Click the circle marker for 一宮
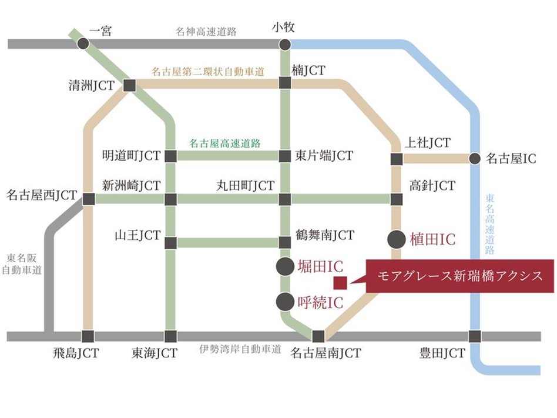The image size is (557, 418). [x=83, y=44]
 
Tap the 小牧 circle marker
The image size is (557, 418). [x=285, y=44]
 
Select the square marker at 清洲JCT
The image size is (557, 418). [x=129, y=86]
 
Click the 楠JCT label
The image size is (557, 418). [x=308, y=71]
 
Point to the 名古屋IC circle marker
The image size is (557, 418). [x=475, y=159]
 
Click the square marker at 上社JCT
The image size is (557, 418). [x=397, y=159]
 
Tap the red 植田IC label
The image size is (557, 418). [x=432, y=240]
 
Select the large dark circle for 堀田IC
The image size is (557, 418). [x=285, y=266]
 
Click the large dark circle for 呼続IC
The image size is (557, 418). [x=285, y=302]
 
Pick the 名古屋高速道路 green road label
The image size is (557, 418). [x=225, y=142]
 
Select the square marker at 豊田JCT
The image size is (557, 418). [x=475, y=336]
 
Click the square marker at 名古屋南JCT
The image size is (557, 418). [x=318, y=336]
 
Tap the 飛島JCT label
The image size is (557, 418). [x=75, y=353]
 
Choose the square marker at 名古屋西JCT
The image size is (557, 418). [x=89, y=199]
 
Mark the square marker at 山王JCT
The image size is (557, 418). [x=170, y=243]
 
